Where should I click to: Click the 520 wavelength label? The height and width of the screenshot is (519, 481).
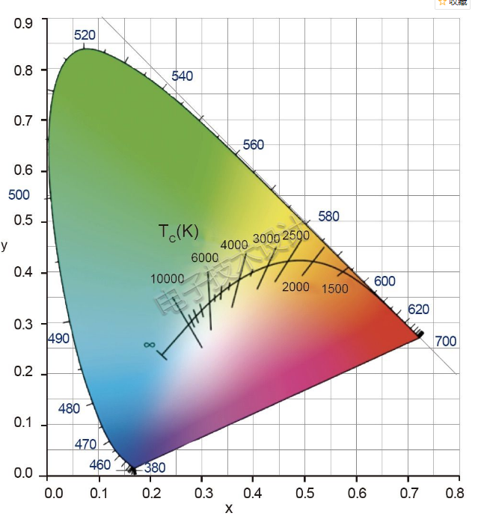(x=85, y=36)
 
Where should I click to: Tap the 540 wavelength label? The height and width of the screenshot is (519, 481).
(x=182, y=76)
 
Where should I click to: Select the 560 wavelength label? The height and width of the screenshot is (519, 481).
(x=254, y=144)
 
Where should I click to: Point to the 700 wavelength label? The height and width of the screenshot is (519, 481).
(x=445, y=342)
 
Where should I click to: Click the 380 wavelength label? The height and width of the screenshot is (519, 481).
(x=155, y=469)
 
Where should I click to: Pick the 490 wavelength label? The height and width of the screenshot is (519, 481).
(x=58, y=339)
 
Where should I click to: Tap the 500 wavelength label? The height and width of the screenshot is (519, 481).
(x=19, y=195)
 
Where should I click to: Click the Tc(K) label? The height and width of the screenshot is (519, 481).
(x=178, y=232)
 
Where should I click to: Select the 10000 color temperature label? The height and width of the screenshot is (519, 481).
(x=167, y=279)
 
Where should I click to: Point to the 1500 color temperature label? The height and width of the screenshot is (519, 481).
(x=334, y=289)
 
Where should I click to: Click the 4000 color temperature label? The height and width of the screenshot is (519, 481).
(x=233, y=245)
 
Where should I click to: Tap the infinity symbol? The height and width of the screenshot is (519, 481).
(x=149, y=345)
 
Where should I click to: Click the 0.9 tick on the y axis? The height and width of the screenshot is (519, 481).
(x=24, y=23)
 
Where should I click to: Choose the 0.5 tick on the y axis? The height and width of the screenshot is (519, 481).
(x=24, y=222)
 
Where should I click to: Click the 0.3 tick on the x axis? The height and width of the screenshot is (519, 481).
(x=202, y=494)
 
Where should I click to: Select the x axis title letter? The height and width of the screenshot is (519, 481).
(x=229, y=509)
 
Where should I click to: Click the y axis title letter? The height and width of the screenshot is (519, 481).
(x=4, y=245)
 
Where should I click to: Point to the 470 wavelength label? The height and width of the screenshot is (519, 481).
(x=85, y=444)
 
